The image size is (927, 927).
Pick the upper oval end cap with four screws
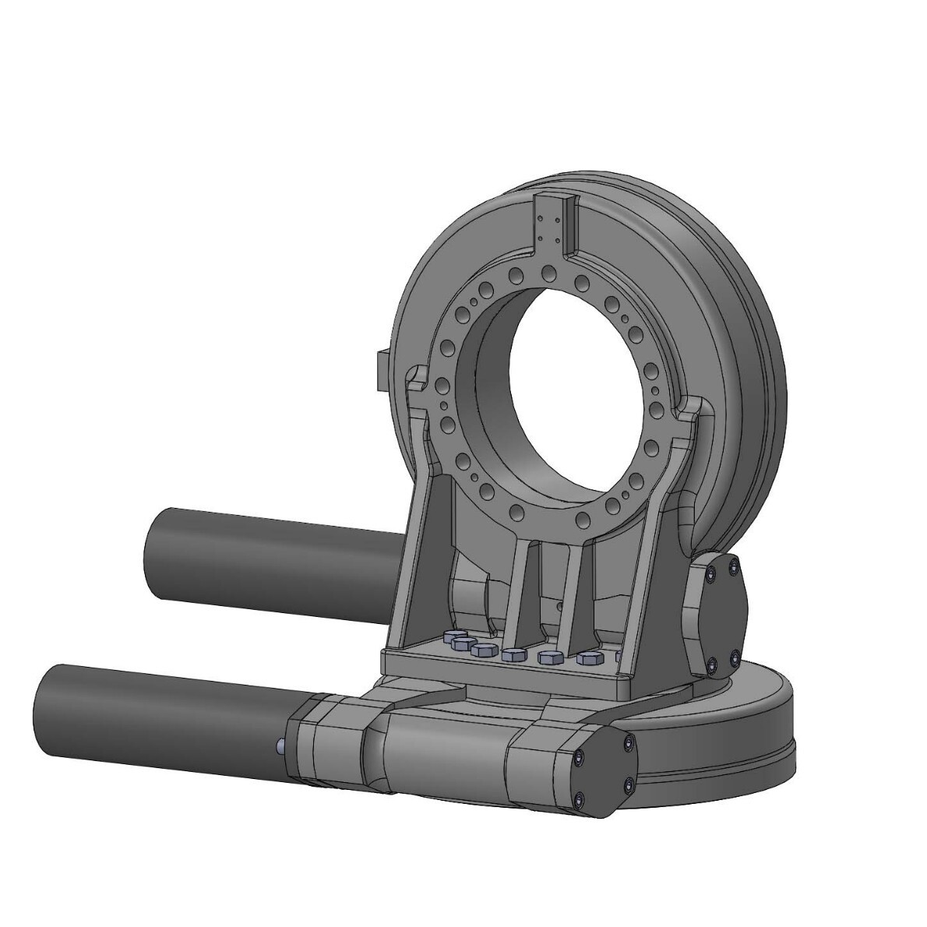tap(717, 615)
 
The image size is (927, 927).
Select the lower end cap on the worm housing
tap(604, 775)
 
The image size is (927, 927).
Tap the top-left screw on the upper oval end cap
tap(710, 574)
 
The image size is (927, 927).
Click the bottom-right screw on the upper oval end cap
tap(735, 661)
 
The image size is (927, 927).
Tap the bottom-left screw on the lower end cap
tap(582, 799)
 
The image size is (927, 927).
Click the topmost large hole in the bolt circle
tap(550, 272)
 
